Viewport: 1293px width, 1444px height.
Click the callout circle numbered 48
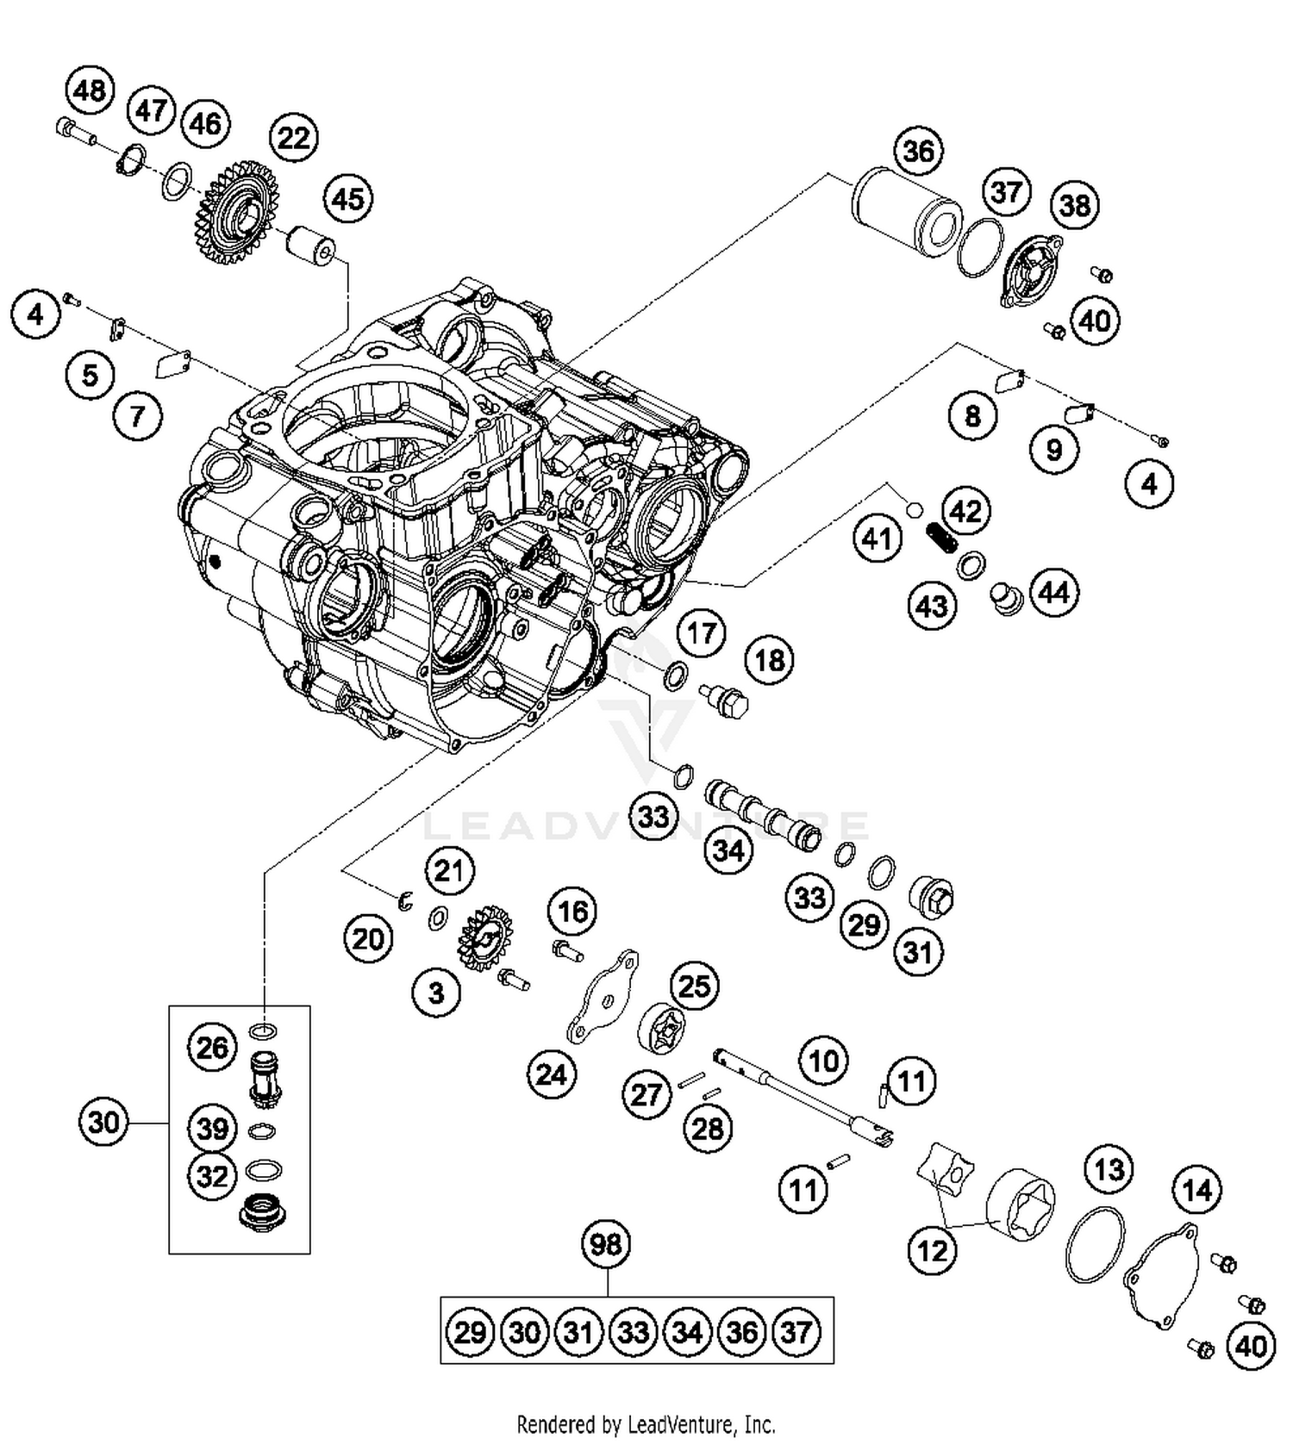click(90, 90)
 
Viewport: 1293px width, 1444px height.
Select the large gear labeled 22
click(236, 212)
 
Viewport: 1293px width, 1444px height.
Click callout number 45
click(348, 199)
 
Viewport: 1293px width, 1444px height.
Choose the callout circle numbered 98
click(606, 1244)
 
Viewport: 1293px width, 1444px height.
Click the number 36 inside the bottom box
click(741, 1333)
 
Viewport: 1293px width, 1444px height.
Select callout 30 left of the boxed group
click(103, 1123)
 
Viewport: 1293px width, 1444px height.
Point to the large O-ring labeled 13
click(1095, 1244)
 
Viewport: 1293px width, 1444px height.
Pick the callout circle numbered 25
click(695, 986)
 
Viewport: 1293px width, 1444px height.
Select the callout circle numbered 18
click(770, 660)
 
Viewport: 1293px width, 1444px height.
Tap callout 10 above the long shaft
click(823, 1060)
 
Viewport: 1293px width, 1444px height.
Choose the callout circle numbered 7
click(137, 417)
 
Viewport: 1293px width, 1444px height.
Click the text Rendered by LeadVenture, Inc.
click(646, 1423)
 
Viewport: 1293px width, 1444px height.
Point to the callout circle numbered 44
click(1053, 593)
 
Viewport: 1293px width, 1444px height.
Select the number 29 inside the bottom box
click(470, 1333)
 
